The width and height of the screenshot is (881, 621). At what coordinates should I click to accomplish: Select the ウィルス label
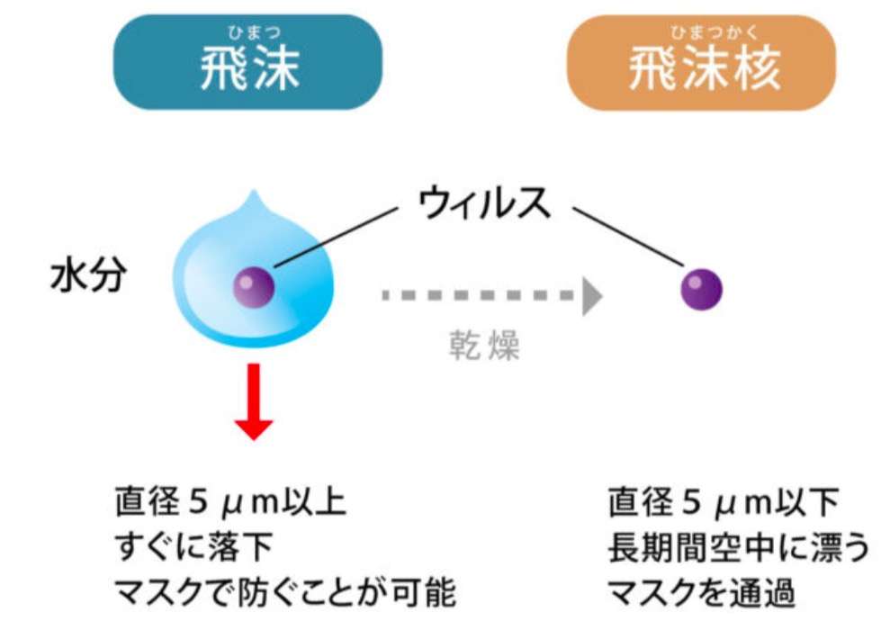pyautogui.click(x=484, y=206)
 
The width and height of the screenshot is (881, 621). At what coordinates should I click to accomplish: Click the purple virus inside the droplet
pyautogui.click(x=254, y=287)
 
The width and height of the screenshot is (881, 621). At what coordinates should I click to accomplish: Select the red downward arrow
pyautogui.click(x=254, y=400)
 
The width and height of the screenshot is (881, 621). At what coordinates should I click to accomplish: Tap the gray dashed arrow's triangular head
pyautogui.click(x=591, y=296)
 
